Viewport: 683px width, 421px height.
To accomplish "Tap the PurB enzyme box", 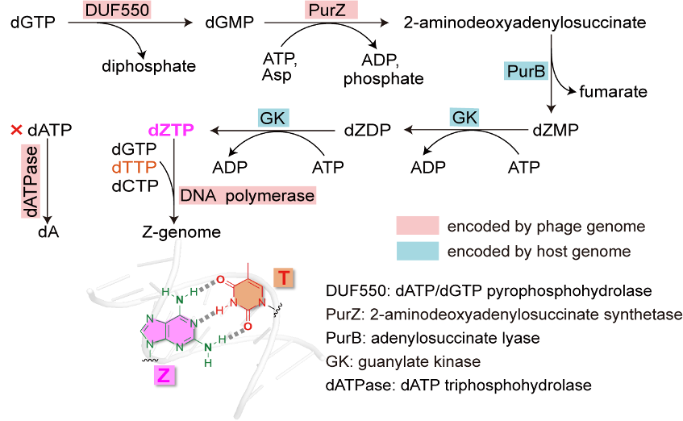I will coord(526,72).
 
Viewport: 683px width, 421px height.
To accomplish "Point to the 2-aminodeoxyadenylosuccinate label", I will coord(525,23).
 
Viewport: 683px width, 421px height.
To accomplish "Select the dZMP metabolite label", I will coord(556,129).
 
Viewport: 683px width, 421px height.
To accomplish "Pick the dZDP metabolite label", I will coord(367,129).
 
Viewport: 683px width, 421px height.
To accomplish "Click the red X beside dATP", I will coord(15,129).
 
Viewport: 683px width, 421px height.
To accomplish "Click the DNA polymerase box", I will coord(247,194).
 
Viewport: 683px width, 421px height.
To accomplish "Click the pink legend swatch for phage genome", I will coord(417,225).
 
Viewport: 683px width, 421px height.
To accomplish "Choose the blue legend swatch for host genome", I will coord(417,251).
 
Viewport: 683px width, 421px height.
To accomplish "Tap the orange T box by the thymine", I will coord(283,277).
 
